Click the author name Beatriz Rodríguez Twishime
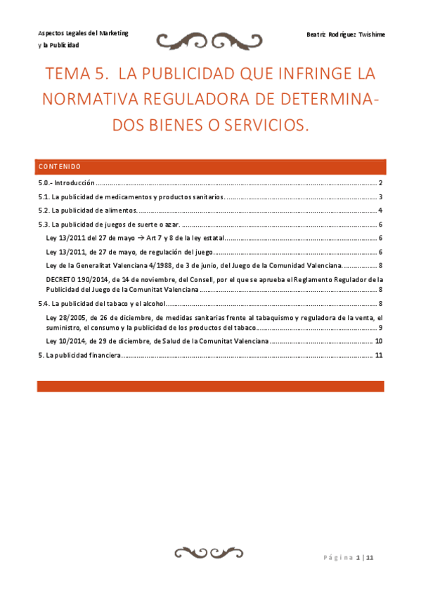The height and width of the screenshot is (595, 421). (346, 35)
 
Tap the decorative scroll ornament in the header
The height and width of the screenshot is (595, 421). (209, 41)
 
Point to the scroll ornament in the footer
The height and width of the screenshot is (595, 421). (209, 551)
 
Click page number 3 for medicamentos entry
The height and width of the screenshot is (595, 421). (380, 197)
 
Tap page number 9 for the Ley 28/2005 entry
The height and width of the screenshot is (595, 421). (380, 328)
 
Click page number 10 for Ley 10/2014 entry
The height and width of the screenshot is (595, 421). (377, 341)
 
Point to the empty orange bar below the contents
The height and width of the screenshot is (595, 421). (210, 386)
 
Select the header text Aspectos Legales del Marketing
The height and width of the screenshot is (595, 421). (83, 33)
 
